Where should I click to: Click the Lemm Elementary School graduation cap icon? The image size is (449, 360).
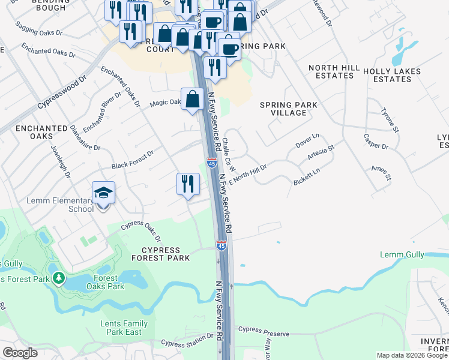coord(103,193)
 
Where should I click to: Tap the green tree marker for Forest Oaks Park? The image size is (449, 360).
coord(59,278)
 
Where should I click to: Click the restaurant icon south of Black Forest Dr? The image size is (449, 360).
coord(188,184)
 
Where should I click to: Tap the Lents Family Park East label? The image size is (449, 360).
coord(124,328)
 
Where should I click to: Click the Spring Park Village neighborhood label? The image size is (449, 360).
coord(288,109)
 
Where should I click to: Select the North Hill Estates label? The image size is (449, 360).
coord(331,71)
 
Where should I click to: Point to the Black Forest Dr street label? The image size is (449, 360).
coord(133,160)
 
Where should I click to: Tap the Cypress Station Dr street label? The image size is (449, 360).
coord(187,343)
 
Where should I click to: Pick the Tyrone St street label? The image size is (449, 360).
coord(390,120)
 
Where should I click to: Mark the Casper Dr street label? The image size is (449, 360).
coord(376,142)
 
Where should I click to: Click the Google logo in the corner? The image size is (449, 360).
coord(20,353)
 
